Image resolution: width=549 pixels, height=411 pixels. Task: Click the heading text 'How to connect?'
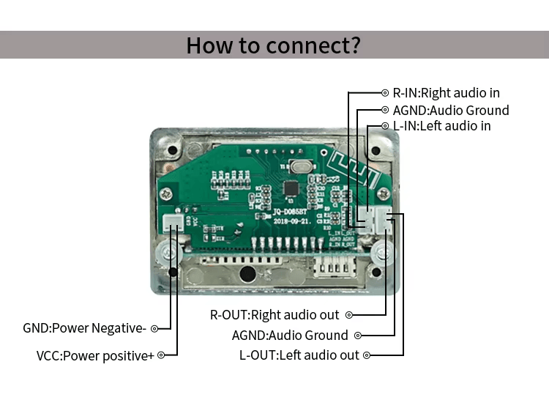point(273,45)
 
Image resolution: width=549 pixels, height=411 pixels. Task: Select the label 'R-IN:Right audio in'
point(446,93)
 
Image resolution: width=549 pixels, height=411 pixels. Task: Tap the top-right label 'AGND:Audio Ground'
point(450,110)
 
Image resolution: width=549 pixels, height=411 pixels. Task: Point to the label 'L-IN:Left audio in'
point(441,126)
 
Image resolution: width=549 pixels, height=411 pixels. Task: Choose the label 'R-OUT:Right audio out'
point(274,315)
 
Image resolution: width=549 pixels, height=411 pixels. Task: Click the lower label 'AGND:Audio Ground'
point(290,336)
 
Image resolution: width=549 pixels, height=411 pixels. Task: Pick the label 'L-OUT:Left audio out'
point(299,355)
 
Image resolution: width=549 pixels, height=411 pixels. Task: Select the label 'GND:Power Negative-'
point(84,328)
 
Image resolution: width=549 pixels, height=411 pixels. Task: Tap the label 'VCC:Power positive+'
point(95,355)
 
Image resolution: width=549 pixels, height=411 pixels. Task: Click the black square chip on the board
point(291,188)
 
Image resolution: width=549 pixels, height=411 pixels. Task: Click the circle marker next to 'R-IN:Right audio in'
point(386,93)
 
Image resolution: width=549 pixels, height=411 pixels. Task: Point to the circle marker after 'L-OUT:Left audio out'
point(367,355)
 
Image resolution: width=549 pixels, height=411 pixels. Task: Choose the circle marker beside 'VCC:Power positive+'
point(161,355)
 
